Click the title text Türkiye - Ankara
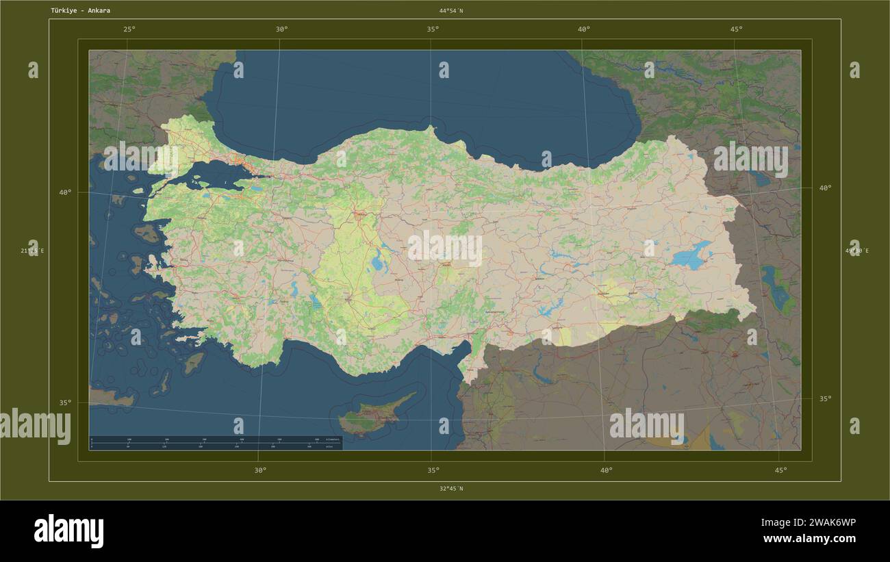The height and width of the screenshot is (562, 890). click(x=80, y=11)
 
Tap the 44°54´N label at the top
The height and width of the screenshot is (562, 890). click(x=451, y=11)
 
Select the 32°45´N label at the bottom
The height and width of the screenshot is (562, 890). click(x=451, y=489)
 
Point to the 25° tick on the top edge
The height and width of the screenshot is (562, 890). click(x=129, y=29)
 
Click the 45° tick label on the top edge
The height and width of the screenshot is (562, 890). click(x=736, y=29)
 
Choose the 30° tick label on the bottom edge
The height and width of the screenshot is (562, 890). click(x=260, y=470)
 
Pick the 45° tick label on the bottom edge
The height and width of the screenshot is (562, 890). click(x=780, y=470)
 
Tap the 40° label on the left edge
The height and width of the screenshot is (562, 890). click(x=65, y=192)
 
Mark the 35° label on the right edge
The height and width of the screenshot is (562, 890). click(x=826, y=398)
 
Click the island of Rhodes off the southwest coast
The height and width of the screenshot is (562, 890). click(x=194, y=362)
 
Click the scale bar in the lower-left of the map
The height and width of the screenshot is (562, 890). click(x=215, y=443)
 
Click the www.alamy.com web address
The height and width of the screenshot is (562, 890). click(x=809, y=539)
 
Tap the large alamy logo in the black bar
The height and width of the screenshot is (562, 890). click(x=68, y=531)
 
